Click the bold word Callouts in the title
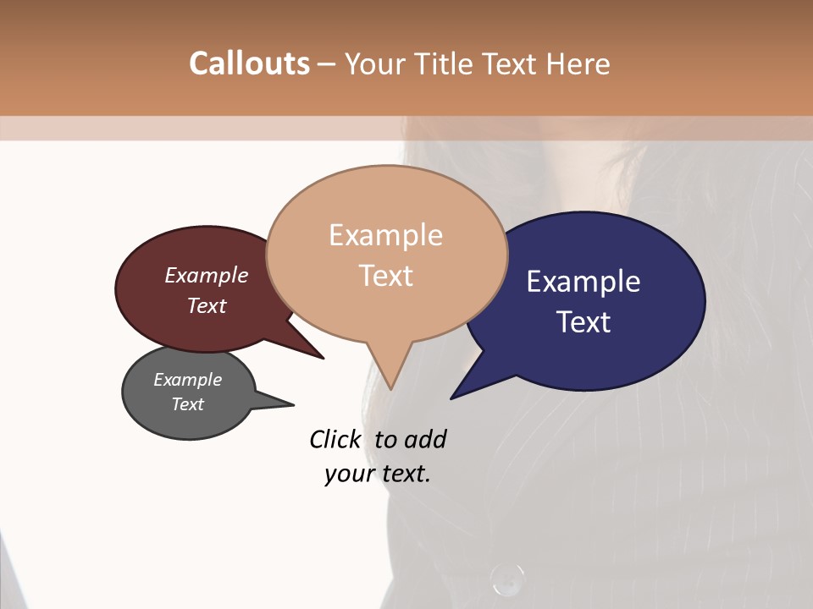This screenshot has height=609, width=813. pyautogui.click(x=249, y=63)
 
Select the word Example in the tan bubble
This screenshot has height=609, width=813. pyautogui.click(x=385, y=235)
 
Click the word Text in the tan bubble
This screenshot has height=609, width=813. pyautogui.click(x=385, y=276)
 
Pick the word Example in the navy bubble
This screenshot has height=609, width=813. pyautogui.click(x=583, y=281)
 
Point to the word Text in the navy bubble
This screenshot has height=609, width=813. pyautogui.click(x=583, y=321)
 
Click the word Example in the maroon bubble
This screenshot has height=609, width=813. pyautogui.click(x=207, y=275)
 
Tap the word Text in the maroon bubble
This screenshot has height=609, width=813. pyautogui.click(x=207, y=305)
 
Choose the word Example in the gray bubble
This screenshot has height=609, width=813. pyautogui.click(x=187, y=380)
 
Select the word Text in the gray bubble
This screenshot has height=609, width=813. pyautogui.click(x=187, y=404)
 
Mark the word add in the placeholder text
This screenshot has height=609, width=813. pyautogui.click(x=425, y=439)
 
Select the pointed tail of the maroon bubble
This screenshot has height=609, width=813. pyautogui.click(x=321, y=357)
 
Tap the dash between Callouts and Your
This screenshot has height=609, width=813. pyautogui.click(x=327, y=64)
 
